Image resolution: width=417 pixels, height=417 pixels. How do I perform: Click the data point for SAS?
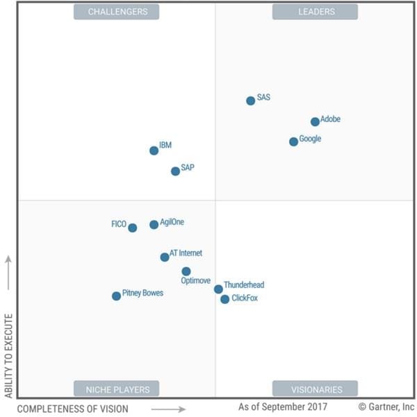[x=251, y=101]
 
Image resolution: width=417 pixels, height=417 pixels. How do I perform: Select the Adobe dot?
[x=315, y=121]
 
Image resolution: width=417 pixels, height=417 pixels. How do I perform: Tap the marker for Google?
[x=294, y=142]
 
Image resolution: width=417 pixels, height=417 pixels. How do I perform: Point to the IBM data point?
[x=154, y=151]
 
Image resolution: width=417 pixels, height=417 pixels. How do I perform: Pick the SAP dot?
[x=175, y=171]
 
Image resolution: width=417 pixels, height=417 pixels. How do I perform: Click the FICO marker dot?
[x=133, y=228]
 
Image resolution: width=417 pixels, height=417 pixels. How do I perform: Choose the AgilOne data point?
[x=154, y=225]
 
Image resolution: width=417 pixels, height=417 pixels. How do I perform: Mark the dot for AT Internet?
[x=165, y=257]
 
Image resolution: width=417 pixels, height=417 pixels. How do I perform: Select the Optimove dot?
[x=186, y=271]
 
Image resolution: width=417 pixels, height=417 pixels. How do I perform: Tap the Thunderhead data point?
[x=218, y=289]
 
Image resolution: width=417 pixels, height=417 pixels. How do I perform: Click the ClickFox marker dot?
[x=225, y=299]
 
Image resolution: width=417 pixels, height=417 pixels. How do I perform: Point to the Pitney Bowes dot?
[x=116, y=296]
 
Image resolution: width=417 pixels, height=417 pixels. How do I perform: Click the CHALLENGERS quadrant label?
[x=116, y=12]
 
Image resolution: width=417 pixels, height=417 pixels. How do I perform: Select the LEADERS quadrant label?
[x=315, y=12]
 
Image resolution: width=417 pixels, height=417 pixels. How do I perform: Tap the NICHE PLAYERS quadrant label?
[x=116, y=389]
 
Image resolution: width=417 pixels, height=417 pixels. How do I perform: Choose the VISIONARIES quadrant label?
[x=315, y=389]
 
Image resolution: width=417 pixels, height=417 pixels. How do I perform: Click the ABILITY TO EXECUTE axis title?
[x=9, y=355]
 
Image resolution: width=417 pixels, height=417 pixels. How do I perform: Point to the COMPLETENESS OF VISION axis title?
[x=72, y=409]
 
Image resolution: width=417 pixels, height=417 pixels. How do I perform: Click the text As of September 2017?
[x=282, y=407]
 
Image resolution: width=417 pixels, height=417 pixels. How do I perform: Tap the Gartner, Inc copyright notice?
[x=386, y=407]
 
